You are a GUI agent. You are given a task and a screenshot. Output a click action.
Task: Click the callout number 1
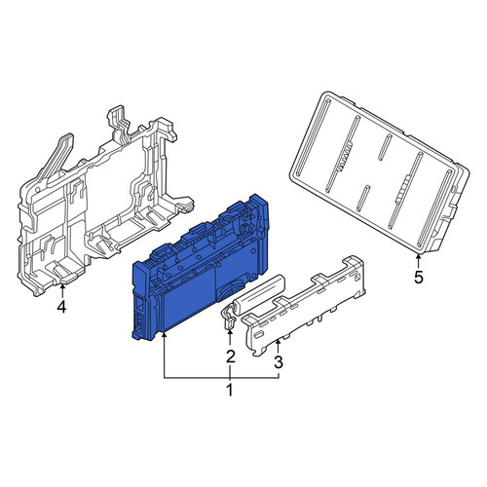[230, 390]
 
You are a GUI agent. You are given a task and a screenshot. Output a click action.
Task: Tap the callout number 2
[230, 356]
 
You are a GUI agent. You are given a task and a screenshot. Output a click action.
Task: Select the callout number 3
[279, 362]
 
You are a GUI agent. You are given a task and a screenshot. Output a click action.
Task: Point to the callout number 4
[61, 307]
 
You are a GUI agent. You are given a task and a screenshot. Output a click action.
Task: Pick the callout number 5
[419, 278]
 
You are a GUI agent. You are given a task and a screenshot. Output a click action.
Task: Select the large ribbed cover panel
[379, 172]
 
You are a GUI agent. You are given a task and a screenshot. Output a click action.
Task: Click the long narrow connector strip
[305, 305]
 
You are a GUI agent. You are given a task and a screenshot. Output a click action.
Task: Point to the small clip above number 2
[229, 319]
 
